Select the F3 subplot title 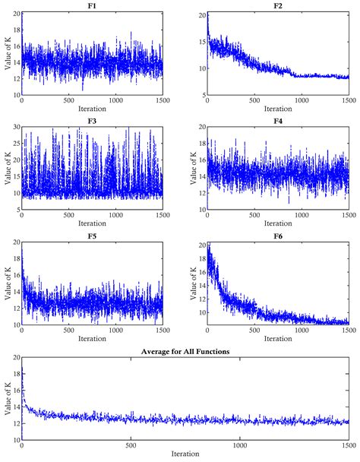pos(92,120)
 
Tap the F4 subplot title pos(277,120)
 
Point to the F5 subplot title pos(92,236)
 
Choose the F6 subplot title pos(277,236)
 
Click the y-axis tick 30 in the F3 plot pos(15,128)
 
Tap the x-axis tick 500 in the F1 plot pos(68,101)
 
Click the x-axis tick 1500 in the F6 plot pos(348,332)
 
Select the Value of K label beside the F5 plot pos(6,283)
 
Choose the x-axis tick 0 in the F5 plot pos(22,332)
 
